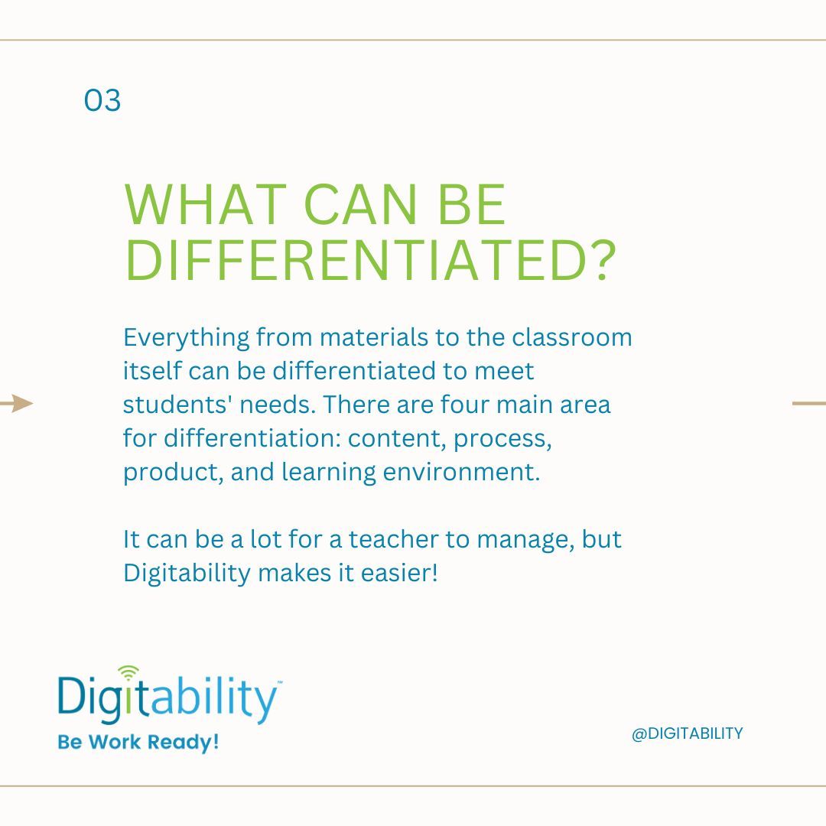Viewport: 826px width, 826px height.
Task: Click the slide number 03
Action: click(x=102, y=100)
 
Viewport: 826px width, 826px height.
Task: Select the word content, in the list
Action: click(x=397, y=439)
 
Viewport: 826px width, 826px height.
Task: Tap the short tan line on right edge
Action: click(x=808, y=403)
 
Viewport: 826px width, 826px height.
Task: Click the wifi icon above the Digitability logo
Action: click(x=129, y=672)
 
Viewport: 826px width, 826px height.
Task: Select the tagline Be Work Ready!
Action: click(x=138, y=743)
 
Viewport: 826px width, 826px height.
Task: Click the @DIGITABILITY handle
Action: click(x=687, y=733)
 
